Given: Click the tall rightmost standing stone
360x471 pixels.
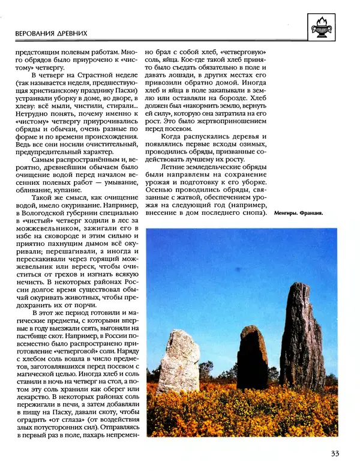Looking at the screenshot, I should pos(302,336).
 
